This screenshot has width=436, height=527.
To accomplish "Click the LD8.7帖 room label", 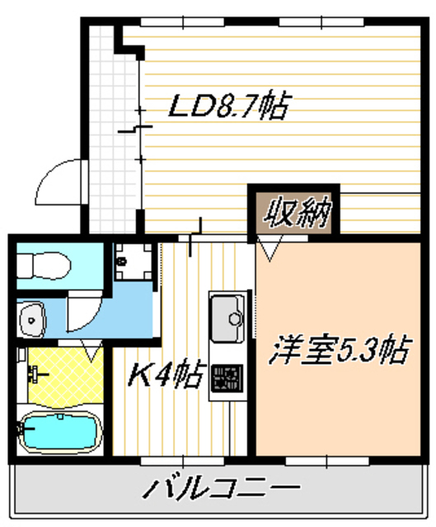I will (228, 108).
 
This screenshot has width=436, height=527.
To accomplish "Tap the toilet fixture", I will (45, 264).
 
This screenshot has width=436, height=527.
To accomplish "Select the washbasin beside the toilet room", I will (33, 317).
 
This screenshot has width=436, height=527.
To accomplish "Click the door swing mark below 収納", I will (270, 246).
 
